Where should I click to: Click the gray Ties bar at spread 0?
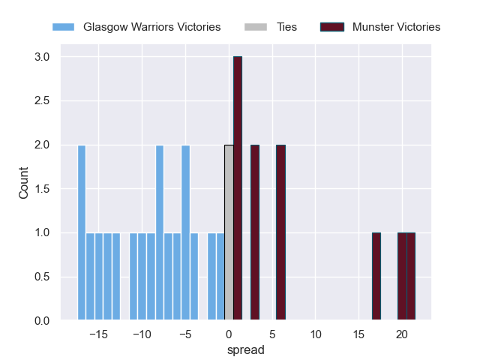229,232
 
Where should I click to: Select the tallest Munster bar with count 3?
238,188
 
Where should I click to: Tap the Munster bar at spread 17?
376,277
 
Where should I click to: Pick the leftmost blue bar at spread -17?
82,232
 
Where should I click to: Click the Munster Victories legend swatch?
331,27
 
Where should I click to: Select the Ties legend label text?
287,27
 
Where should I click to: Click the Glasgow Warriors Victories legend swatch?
64,27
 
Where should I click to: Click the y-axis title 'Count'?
23,188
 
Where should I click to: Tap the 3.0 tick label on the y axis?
42,57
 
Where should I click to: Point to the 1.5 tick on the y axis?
42,189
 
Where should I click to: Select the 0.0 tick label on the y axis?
42,321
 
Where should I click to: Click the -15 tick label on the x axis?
97,334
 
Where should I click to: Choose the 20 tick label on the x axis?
402,334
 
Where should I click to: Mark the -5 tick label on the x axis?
184,334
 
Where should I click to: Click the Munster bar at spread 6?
280,232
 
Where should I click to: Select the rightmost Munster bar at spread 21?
411,277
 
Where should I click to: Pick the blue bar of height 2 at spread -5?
185,232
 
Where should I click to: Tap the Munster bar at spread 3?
255,232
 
